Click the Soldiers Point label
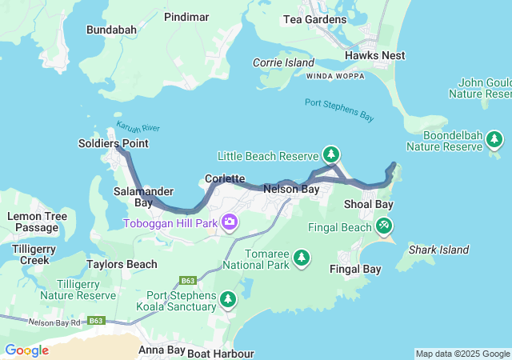coord(113,143)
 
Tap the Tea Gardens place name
coord(314,20)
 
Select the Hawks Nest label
coord(374,55)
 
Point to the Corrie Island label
coord(283,62)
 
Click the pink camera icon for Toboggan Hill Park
coord(230,222)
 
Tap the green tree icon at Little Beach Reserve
coord(330,154)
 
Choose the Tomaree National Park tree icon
coord(302,258)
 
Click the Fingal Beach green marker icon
coord(384,227)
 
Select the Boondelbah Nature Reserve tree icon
coord(494,140)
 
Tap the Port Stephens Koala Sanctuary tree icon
coord(228,299)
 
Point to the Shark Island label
coord(438,250)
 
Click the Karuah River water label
coord(138,127)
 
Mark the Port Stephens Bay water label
coord(339,110)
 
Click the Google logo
coord(26,350)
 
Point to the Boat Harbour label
coord(222,353)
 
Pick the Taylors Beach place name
coord(122,264)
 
